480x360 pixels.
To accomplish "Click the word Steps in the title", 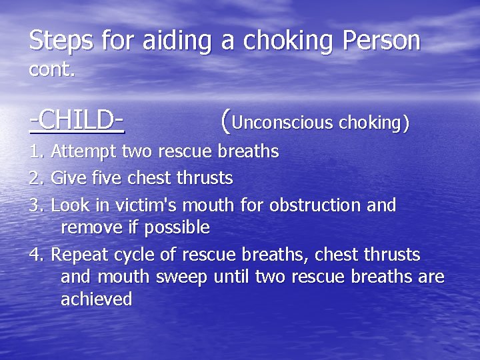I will pyautogui.click(x=61, y=41).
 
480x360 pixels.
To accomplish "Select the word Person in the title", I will pyautogui.click(x=382, y=41).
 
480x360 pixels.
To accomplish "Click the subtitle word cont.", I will pyautogui.click(x=52, y=70).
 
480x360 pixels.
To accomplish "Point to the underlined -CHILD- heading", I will pyautogui.click(x=77, y=120).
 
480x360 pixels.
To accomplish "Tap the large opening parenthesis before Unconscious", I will pyautogui.click(x=225, y=121).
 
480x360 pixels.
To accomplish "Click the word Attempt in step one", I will pyautogui.click(x=85, y=152).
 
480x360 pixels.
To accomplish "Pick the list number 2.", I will pyautogui.click(x=36, y=179).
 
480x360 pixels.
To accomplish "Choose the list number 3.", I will pyautogui.click(x=36, y=205).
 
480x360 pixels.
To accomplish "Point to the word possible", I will pyautogui.click(x=175, y=228).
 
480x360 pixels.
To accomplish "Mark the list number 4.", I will pyautogui.click(x=36, y=255).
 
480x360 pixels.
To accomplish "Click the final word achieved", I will pyautogui.click(x=97, y=299).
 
